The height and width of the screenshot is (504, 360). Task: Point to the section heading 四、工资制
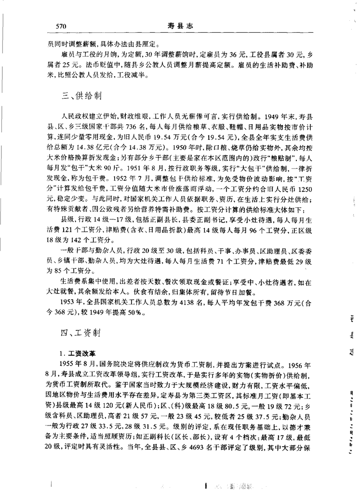[x=81, y=333]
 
